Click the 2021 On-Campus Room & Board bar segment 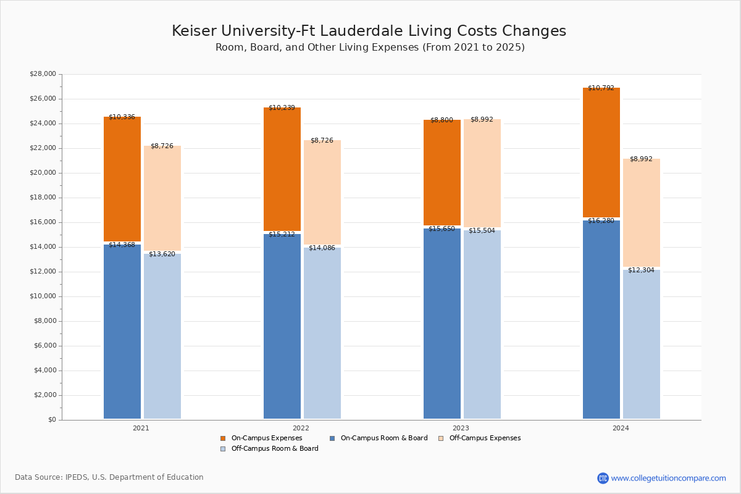(x=122, y=332)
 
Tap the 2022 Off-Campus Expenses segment (x=322, y=192)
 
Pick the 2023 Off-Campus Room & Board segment (x=482, y=325)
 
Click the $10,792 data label (x=601, y=88)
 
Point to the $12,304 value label (x=641, y=270)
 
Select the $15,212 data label (x=282, y=235)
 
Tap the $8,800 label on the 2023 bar (x=442, y=120)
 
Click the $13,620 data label (x=162, y=254)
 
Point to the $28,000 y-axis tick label (x=43, y=74)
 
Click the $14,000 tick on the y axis (x=43, y=247)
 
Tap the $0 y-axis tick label (x=52, y=420)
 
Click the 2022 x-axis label (x=301, y=428)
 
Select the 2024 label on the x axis (x=621, y=428)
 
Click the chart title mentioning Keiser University (x=369, y=31)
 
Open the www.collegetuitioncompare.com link (x=668, y=478)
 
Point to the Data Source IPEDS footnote (x=109, y=477)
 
